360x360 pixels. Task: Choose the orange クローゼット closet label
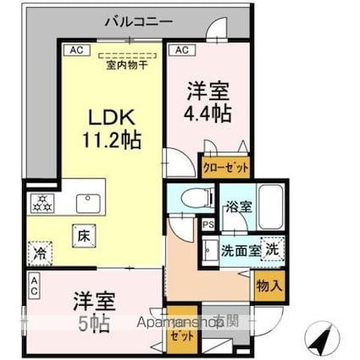click(x=225, y=167)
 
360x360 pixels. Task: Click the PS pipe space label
click(x=207, y=224)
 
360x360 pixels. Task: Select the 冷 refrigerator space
click(x=40, y=252)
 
